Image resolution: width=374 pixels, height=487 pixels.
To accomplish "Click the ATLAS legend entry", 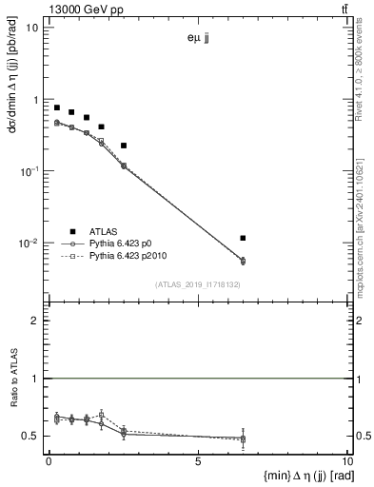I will pyautogui.click(x=105, y=231).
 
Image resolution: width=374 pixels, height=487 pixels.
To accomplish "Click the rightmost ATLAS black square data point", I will pyautogui.click(x=244, y=238).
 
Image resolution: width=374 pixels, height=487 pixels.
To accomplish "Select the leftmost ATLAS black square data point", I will pyautogui.click(x=57, y=108).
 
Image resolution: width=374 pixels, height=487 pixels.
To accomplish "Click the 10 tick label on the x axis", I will pyautogui.click(x=347, y=460).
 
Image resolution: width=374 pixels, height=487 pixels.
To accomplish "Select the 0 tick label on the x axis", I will pyautogui.click(x=49, y=460).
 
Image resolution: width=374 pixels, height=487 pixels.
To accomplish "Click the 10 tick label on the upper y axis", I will pyautogui.click(x=31, y=27).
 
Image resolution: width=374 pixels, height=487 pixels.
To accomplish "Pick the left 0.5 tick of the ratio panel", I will pyautogui.click(x=32, y=436).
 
